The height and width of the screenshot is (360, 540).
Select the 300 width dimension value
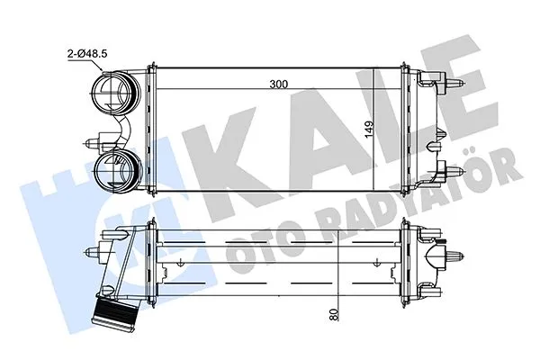click(x=278, y=85)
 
